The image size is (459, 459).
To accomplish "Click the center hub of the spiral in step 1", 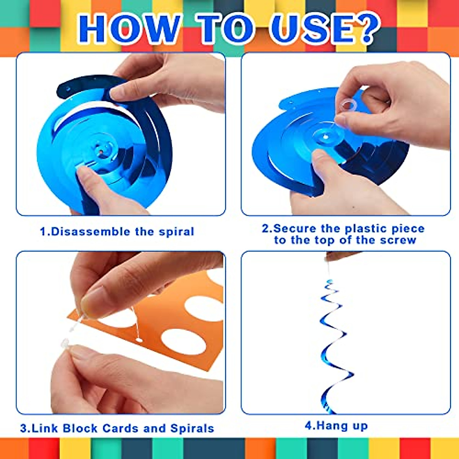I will pyautogui.click(x=103, y=149).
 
